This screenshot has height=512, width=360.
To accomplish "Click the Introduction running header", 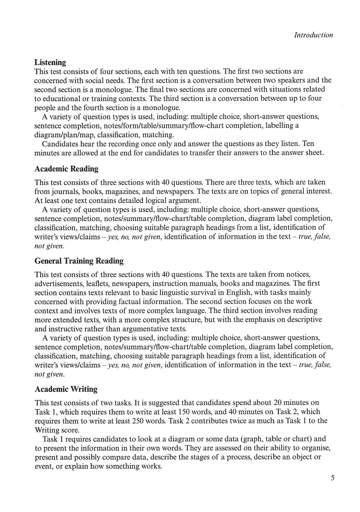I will [x=313, y=35].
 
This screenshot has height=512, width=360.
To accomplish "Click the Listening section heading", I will [x=50, y=62].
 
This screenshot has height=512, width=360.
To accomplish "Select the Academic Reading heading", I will [x=67, y=169].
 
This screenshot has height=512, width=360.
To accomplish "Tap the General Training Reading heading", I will [x=79, y=261].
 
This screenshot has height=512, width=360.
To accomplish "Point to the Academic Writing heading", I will [x=66, y=389].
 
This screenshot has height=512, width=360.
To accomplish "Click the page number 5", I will [x=333, y=478].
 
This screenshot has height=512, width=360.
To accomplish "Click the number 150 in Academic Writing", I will [x=184, y=412].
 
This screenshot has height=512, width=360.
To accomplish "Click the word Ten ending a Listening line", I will [x=308, y=144].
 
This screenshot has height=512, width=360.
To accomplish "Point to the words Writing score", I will [x=57, y=430].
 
